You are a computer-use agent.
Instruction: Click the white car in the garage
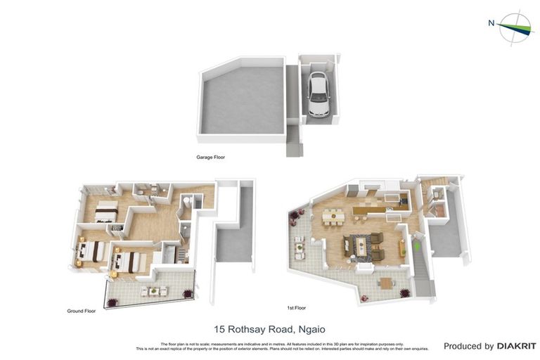(x=318, y=91)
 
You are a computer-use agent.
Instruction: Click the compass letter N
(x=491, y=22)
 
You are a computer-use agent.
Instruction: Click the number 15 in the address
(x=219, y=329)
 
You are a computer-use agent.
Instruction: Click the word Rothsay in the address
(x=247, y=329)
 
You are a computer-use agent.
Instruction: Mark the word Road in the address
(x=281, y=329)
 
